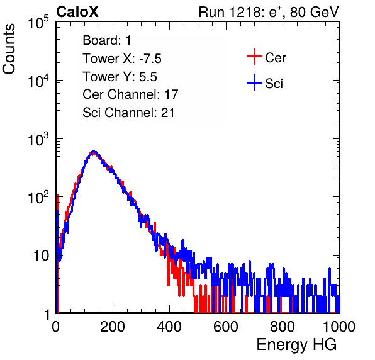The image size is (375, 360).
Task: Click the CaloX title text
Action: [77, 12]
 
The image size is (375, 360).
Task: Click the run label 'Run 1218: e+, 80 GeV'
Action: [269, 12]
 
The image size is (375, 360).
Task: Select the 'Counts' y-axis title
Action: [9, 49]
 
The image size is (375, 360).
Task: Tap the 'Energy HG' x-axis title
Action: [296, 344]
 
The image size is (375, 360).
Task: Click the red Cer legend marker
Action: [254, 57]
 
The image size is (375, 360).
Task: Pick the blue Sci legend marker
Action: [254, 82]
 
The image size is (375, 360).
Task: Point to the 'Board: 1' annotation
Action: [107, 40]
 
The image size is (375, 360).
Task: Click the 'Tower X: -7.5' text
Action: [122, 59]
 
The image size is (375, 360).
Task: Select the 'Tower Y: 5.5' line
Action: [120, 77]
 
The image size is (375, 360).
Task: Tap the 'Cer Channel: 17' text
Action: [131, 94]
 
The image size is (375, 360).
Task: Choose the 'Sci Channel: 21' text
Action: [128, 113]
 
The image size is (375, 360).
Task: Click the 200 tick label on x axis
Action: [113, 327]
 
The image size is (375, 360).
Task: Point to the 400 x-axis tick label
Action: [169, 327]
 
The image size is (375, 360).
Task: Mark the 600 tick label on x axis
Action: [226, 327]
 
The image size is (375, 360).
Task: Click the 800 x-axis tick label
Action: [283, 327]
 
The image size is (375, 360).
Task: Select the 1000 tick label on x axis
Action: [339, 327]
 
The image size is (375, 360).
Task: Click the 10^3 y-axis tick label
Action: [38, 139]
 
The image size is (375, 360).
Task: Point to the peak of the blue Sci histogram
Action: [94, 151]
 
